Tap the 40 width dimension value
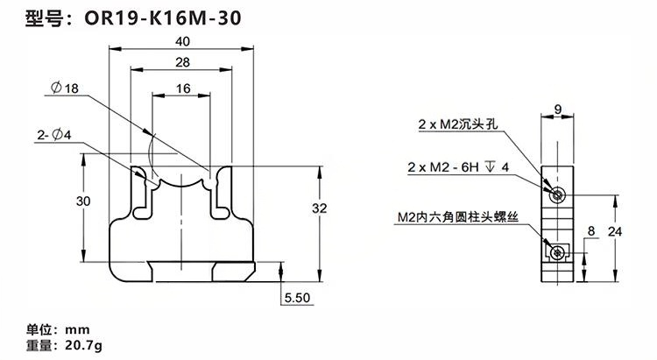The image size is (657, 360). [184, 41]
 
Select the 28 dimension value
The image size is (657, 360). [182, 63]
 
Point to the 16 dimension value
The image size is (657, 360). [182, 88]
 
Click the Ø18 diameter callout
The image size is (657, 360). [66, 88]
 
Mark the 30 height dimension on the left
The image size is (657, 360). [84, 201]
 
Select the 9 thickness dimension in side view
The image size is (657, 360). [558, 110]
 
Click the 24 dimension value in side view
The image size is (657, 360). [615, 231]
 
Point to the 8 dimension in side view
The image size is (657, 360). [592, 231]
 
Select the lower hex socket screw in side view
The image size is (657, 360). [558, 252]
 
